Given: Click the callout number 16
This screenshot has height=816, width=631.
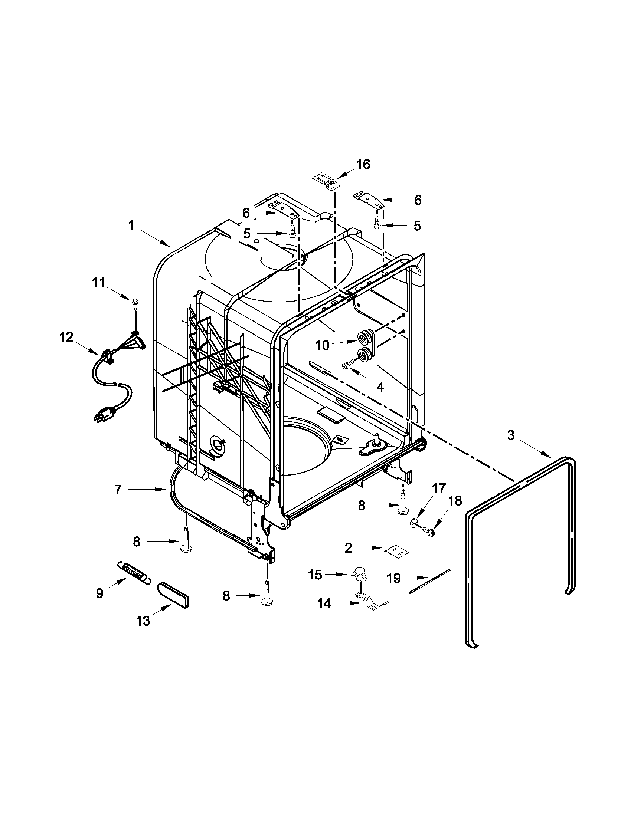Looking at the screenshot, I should [363, 164].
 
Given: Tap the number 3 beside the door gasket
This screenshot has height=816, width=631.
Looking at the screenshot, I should [510, 435].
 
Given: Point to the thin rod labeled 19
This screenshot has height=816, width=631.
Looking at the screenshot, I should [430, 581].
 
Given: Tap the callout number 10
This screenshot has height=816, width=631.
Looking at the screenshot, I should [322, 346].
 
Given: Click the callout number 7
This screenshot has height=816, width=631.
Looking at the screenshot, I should [118, 490].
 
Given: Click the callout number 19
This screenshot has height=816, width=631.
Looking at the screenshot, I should [393, 578].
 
